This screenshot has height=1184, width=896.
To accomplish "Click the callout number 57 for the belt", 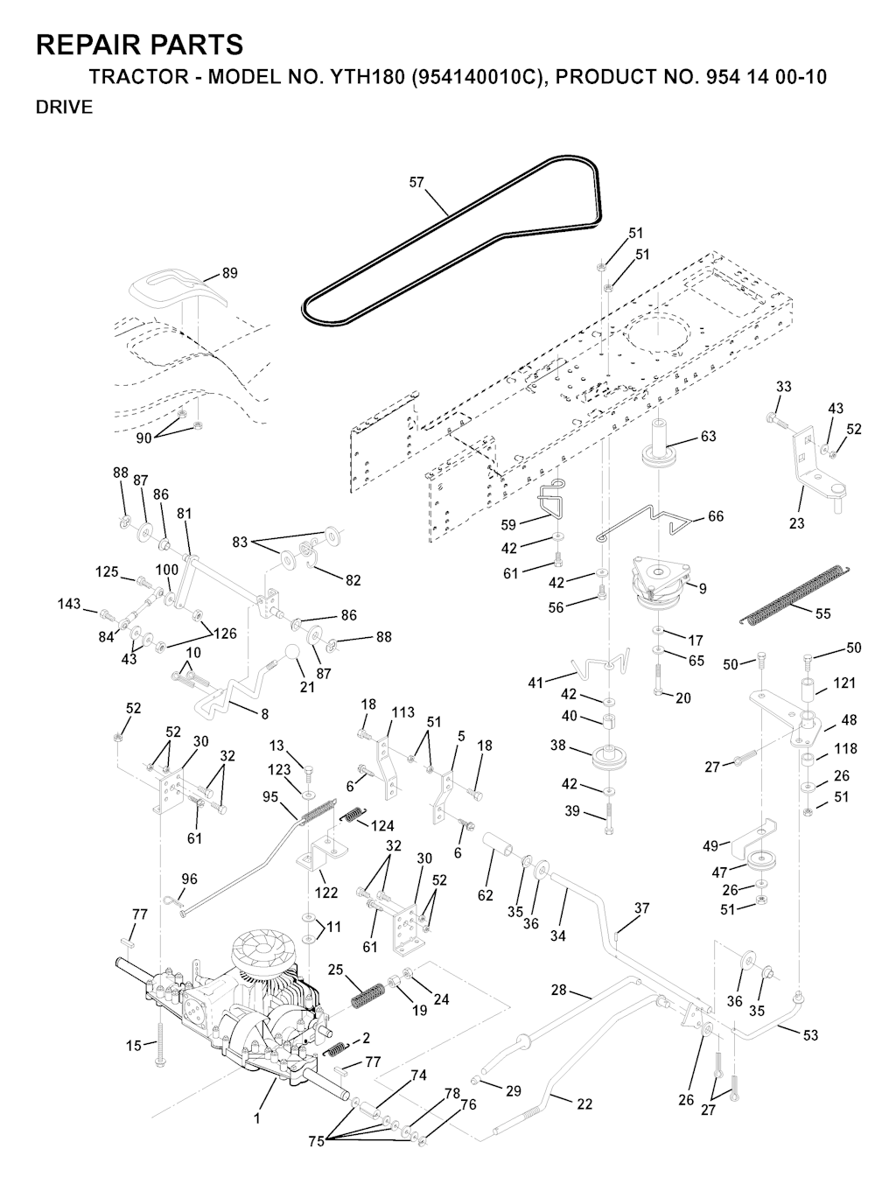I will click(416, 182).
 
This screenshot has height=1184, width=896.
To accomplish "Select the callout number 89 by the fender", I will click(229, 273).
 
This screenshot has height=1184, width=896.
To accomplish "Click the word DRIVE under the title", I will click(64, 108).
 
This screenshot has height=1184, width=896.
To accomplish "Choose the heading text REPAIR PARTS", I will click(139, 45).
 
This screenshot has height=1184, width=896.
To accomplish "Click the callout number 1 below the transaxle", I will click(257, 1117).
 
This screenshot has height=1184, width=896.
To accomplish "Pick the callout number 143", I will click(69, 604).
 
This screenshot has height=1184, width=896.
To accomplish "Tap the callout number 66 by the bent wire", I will click(715, 516).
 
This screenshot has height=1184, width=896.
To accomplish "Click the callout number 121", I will click(844, 683).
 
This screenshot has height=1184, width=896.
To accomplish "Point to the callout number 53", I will click(810, 1035).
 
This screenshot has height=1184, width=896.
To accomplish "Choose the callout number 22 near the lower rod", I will click(584, 1103).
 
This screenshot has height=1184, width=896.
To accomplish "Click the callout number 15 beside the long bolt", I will click(133, 1045).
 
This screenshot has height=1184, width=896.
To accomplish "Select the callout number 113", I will click(402, 711).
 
